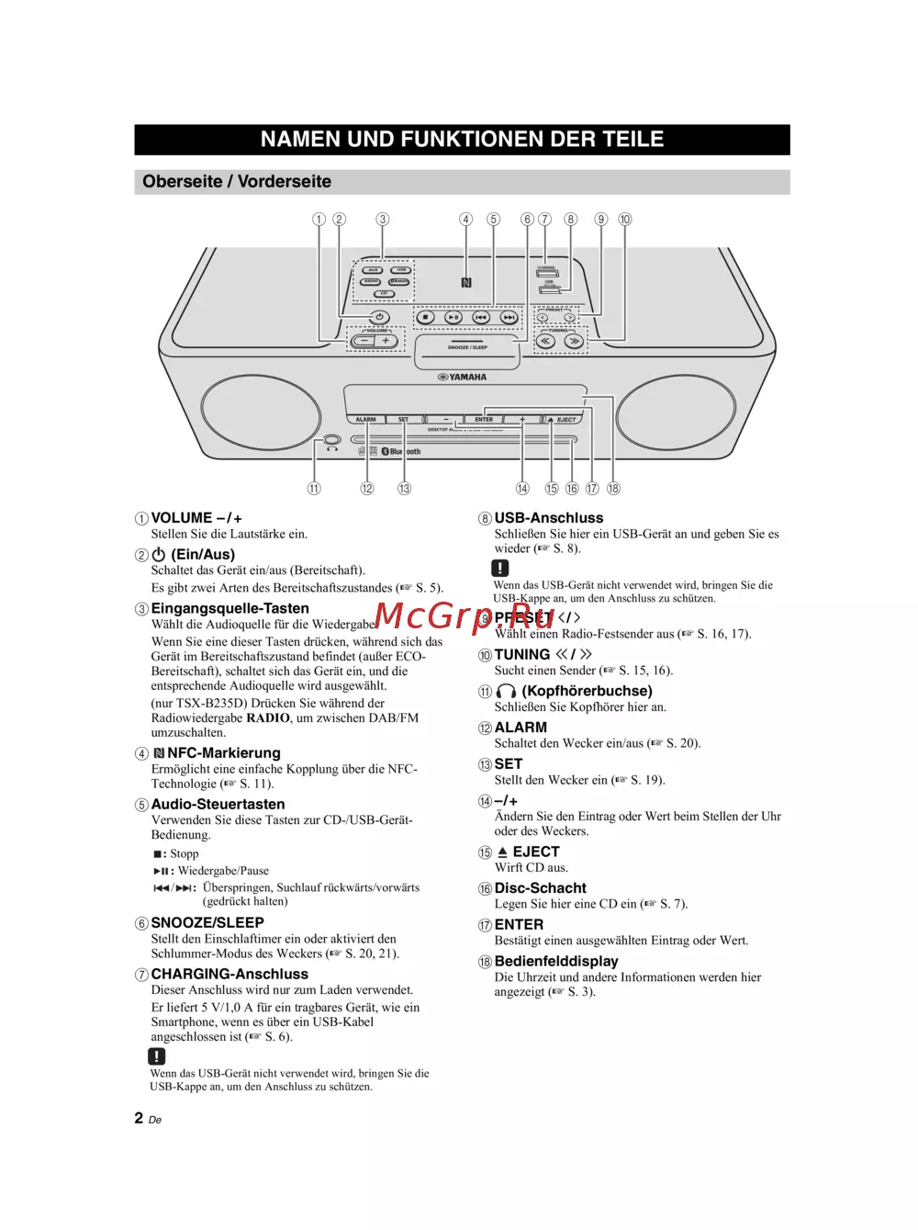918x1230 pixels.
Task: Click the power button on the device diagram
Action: [379, 318]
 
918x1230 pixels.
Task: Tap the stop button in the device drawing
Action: [424, 318]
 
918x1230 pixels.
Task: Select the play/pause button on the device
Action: [453, 318]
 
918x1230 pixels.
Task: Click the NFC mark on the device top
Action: [466, 283]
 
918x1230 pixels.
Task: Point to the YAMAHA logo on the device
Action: [463, 377]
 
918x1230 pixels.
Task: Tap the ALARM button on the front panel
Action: [365, 420]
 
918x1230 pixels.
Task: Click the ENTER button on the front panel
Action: [484, 420]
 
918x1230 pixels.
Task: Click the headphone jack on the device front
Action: [332, 441]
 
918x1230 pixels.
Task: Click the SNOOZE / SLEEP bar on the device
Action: [467, 348]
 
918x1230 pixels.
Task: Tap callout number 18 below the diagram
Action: [613, 489]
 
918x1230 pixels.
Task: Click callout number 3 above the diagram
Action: [383, 220]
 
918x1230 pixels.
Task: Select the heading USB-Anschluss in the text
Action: [549, 518]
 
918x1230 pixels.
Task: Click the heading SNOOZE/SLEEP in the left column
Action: [207, 922]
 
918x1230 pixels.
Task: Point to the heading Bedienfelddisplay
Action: [556, 961]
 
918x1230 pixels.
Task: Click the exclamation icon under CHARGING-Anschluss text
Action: [157, 1056]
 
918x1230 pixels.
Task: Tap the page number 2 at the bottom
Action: [139, 1118]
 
